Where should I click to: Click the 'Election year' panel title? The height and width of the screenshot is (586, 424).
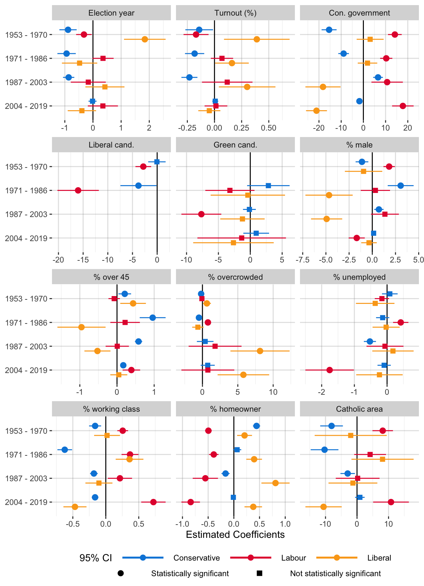point(111,13)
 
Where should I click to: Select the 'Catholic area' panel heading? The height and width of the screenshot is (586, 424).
point(359,409)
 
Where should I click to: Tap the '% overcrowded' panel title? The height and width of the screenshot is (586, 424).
point(235,277)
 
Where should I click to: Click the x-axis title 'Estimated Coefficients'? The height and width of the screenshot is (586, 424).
point(235,535)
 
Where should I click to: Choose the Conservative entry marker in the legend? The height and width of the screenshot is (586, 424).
point(143,558)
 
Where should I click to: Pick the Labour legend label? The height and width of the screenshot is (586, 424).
point(294,558)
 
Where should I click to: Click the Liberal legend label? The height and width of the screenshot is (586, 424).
point(379,558)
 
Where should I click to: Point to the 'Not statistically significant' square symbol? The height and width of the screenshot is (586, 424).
point(260,573)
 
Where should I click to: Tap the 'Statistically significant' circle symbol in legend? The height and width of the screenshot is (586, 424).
point(121,573)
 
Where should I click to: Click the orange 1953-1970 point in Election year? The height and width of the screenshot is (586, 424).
point(145,39)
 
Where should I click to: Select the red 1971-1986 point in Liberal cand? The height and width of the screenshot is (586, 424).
point(78,190)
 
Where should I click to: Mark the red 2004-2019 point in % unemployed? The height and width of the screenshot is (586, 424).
point(330,370)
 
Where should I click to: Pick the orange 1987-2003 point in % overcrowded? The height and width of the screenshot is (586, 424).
point(260,351)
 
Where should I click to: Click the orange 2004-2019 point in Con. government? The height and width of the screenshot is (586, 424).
point(316,111)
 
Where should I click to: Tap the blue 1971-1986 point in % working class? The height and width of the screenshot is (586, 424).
point(65,450)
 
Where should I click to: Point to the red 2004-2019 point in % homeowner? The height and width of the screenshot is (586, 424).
point(191,502)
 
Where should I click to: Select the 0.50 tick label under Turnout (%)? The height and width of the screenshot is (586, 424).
point(268,128)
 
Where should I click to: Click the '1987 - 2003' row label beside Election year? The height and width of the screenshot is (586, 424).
point(26,82)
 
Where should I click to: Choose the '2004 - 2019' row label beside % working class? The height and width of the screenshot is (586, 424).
point(26,502)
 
